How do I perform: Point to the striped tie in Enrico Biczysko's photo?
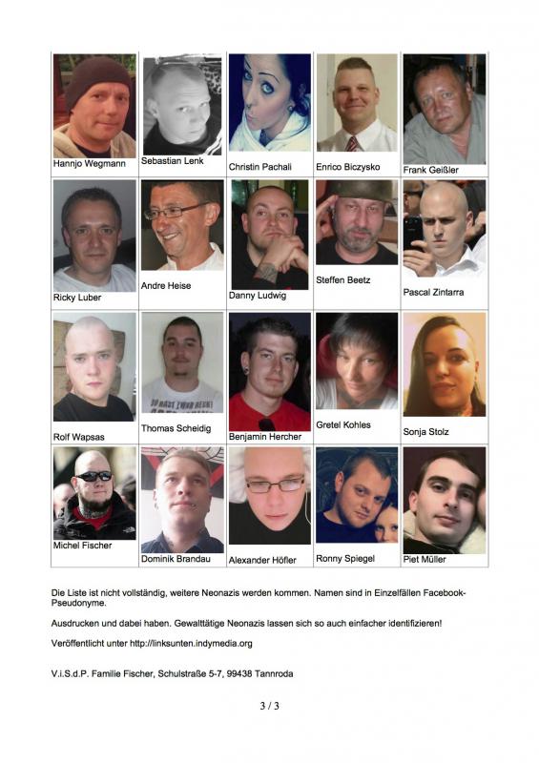352,143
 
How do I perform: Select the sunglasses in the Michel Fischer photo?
93,476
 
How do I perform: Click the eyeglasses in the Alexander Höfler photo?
275,485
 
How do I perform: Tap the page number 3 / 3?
269,706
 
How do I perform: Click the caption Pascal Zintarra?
433,292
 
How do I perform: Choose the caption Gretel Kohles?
343,424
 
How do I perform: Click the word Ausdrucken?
75,623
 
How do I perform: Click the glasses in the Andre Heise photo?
177,210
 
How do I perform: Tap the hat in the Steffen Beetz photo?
356,191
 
